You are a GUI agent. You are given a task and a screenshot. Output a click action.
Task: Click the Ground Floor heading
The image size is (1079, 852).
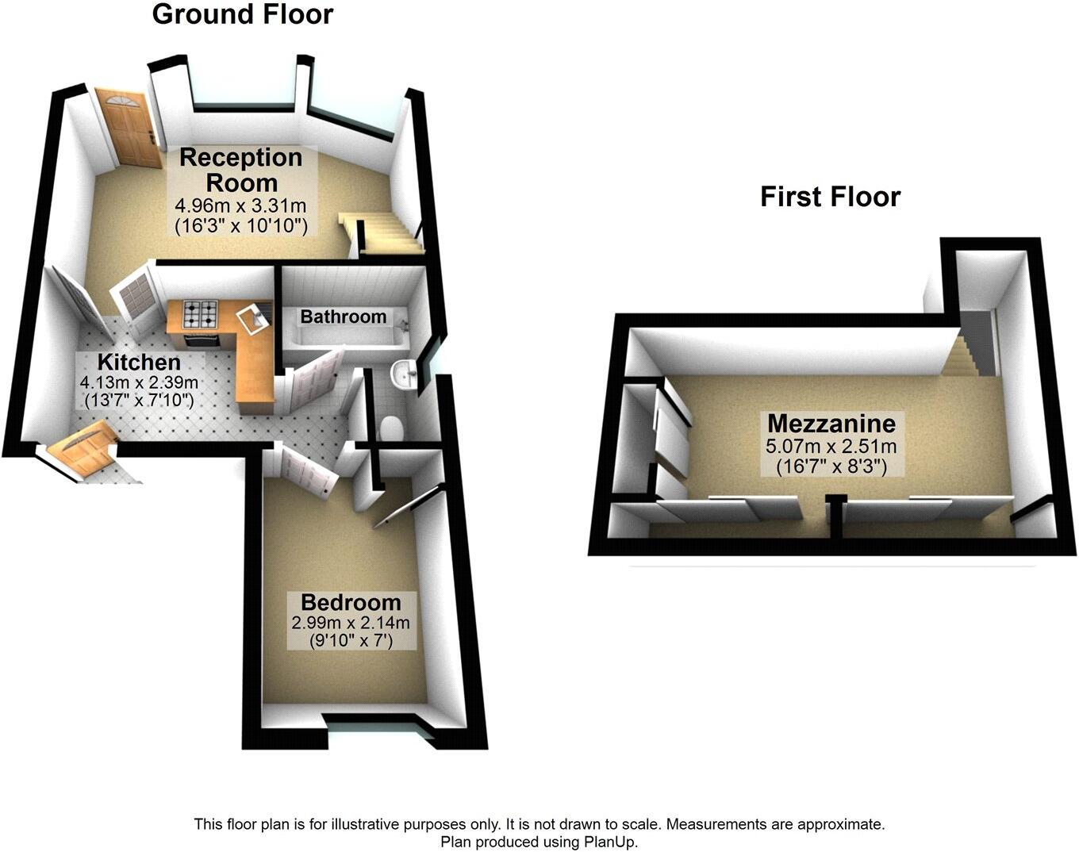point(242,14)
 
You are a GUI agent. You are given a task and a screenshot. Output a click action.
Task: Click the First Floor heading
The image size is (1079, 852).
point(830,197)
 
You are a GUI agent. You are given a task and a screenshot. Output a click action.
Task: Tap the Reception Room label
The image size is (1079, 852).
point(241,169)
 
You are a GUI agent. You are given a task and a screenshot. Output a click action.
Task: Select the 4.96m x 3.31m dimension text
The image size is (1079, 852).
point(241,206)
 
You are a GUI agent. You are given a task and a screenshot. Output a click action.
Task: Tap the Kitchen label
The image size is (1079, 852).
point(139,363)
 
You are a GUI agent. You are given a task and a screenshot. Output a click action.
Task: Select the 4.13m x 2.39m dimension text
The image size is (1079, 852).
point(139,382)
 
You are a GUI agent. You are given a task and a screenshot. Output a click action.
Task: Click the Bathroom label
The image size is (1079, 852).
point(343,317)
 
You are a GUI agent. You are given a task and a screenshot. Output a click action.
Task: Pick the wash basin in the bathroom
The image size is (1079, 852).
point(405,373)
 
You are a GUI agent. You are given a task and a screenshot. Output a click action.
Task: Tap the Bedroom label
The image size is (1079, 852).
point(350,602)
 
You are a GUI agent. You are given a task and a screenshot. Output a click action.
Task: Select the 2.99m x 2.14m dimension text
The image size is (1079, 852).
point(350,623)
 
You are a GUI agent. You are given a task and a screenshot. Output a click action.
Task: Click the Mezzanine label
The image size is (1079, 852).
point(831,423)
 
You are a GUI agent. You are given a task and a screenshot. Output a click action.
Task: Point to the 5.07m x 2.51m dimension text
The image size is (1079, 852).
point(831,446)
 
